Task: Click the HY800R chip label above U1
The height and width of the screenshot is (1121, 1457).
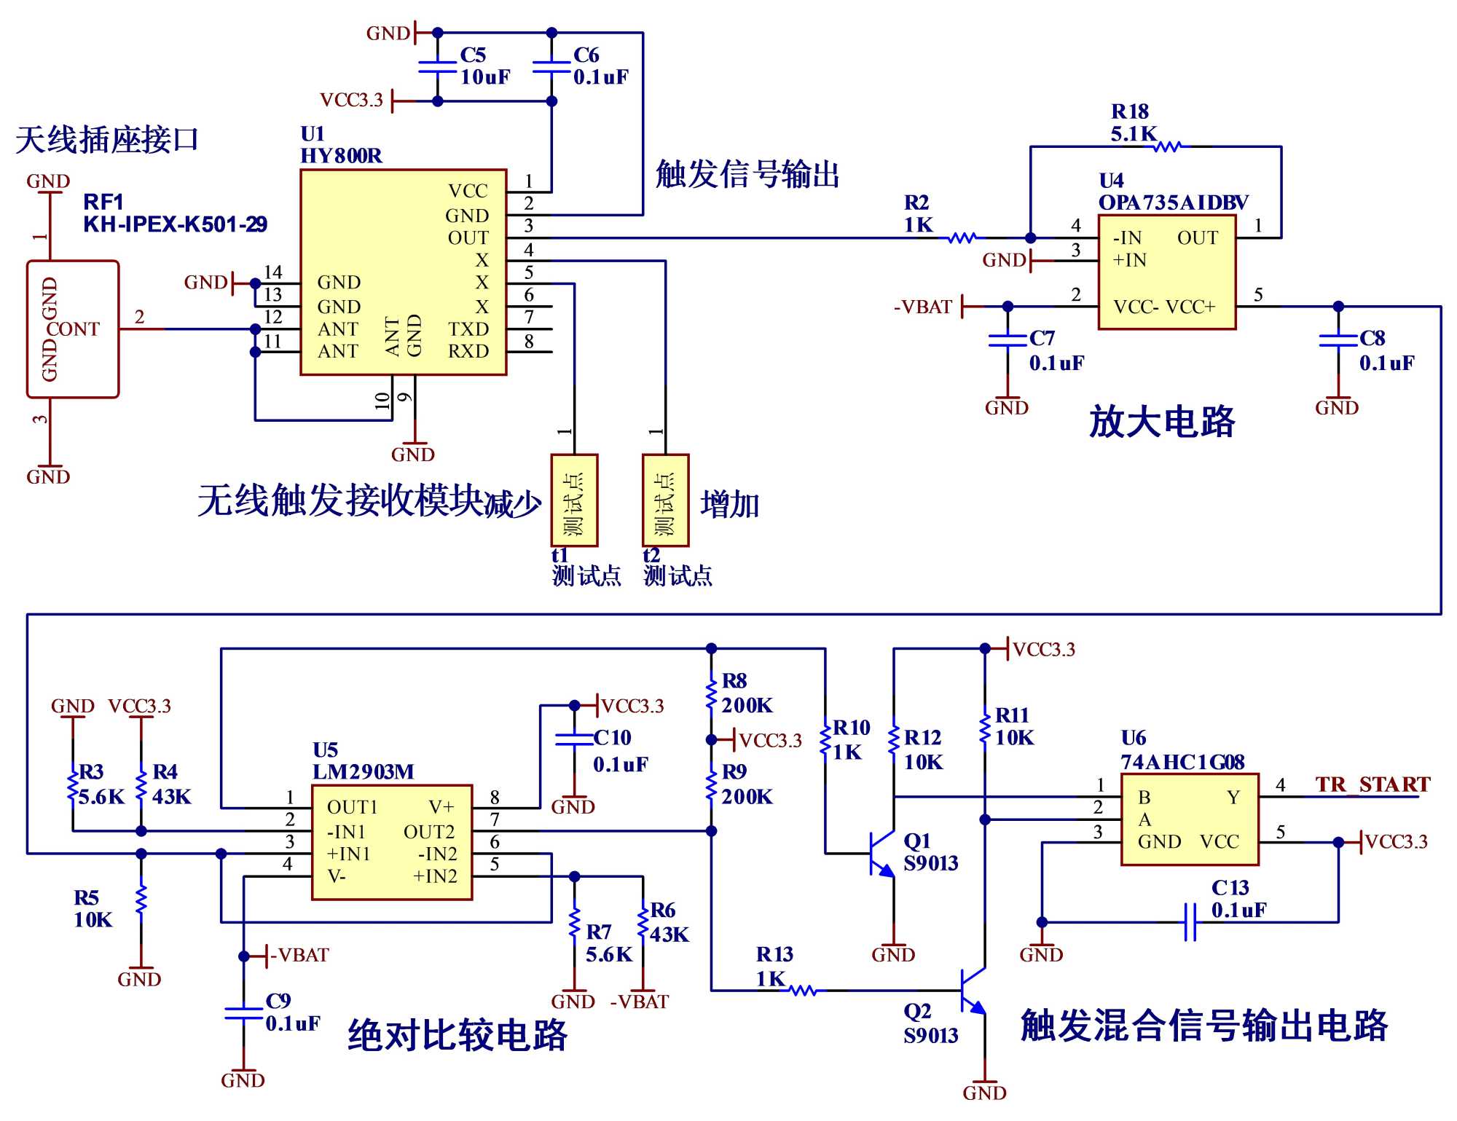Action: [341, 156]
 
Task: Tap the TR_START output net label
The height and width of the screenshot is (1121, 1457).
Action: [1372, 784]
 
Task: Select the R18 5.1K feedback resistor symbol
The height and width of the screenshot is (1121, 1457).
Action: [1167, 146]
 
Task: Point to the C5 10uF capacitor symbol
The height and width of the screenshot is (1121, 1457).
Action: [437, 67]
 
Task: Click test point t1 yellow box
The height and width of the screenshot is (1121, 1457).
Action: [574, 500]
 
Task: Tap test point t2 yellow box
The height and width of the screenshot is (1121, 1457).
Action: [665, 500]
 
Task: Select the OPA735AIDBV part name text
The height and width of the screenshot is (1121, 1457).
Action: [1173, 202]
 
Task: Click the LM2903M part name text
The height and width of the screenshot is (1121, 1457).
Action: [363, 772]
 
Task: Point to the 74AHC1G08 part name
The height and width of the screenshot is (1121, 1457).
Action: [1182, 762]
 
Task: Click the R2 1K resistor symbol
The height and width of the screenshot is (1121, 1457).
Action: [962, 237]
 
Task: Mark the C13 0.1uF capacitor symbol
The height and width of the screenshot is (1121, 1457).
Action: [1190, 922]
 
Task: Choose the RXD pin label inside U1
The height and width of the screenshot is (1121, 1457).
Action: [468, 351]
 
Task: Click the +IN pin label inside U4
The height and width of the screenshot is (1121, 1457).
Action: [1129, 260]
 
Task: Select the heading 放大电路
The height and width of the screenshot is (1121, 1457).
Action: [1161, 422]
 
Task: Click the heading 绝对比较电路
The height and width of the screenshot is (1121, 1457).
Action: [457, 1035]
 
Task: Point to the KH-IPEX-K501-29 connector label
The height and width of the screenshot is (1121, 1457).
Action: [175, 224]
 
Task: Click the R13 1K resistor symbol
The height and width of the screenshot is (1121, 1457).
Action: [803, 991]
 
